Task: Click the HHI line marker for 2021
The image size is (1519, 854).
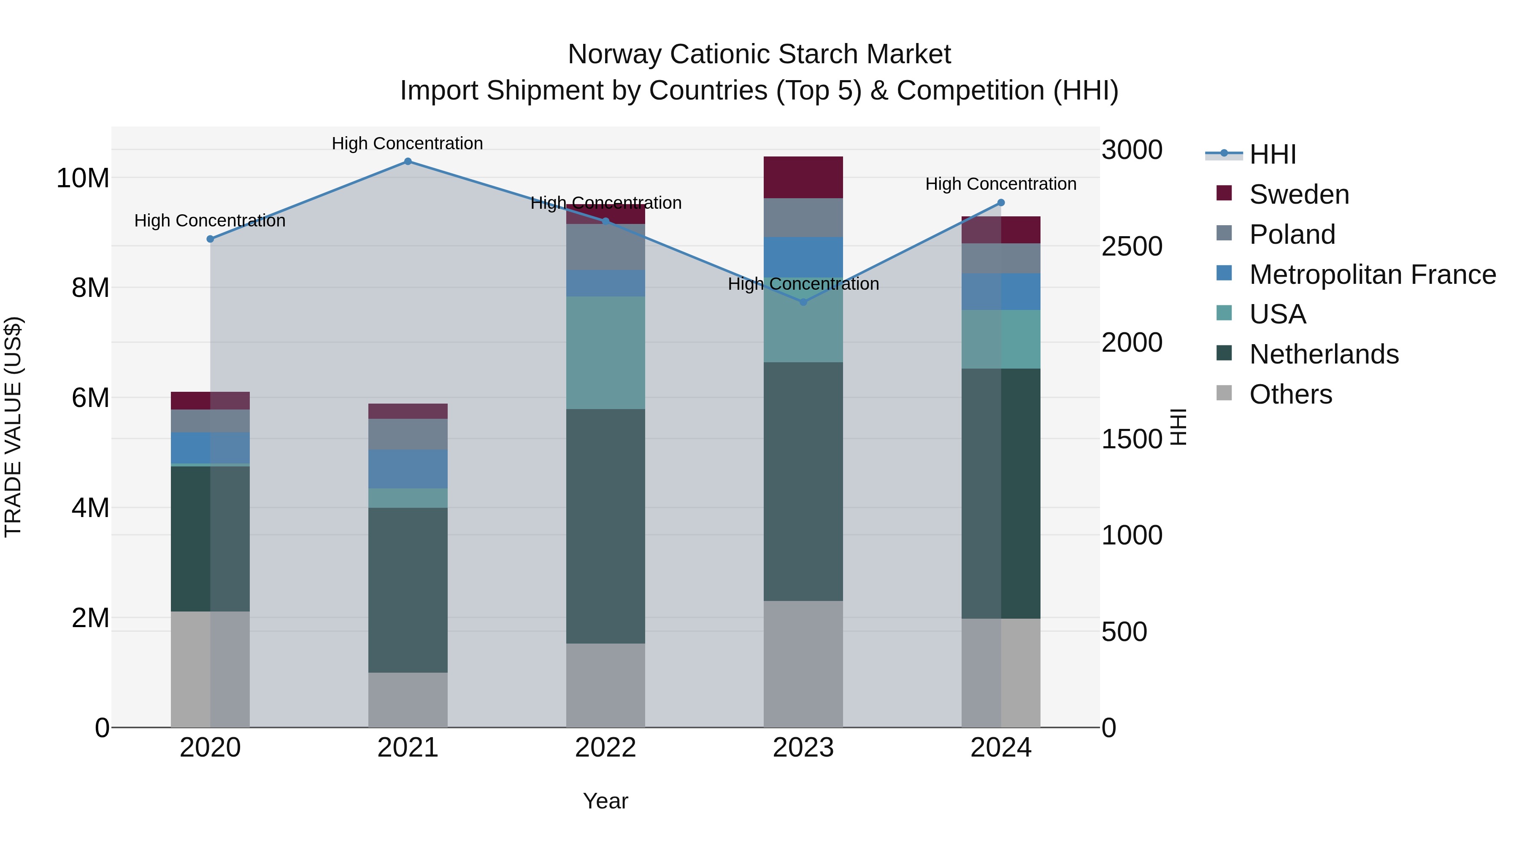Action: click(408, 161)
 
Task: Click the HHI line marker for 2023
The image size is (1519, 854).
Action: click(803, 302)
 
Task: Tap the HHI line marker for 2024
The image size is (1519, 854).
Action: click(1001, 203)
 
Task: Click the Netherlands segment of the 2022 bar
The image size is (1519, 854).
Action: click(605, 526)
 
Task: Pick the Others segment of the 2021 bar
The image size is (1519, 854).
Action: click(408, 700)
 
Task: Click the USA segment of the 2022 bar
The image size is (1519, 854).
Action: click(605, 353)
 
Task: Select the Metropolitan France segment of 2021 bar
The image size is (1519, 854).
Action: click(408, 469)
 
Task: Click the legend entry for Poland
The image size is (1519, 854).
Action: click(1292, 234)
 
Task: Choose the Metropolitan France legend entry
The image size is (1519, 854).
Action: click(1372, 275)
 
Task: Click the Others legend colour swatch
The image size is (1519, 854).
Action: click(1224, 393)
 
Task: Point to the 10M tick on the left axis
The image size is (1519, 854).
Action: click(83, 178)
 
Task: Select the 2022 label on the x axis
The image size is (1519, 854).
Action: click(605, 748)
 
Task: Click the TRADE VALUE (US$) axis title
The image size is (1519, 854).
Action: click(13, 427)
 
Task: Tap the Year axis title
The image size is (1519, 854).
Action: click(605, 801)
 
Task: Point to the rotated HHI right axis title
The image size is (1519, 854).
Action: click(1178, 427)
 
